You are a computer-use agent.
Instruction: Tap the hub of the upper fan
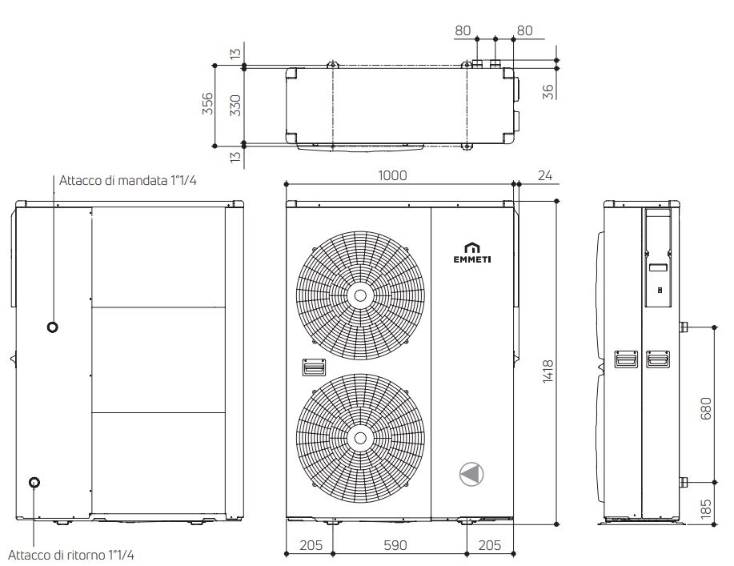(x=360, y=295)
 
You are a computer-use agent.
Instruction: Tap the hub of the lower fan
(x=360, y=436)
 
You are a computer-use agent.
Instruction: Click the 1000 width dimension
(x=393, y=175)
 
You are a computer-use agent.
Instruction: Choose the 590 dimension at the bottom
(x=395, y=545)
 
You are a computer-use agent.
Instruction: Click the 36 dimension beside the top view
(x=548, y=90)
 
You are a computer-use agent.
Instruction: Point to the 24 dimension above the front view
(x=546, y=175)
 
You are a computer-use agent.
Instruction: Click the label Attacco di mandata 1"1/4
(x=128, y=180)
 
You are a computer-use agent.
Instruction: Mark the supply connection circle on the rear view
(x=53, y=327)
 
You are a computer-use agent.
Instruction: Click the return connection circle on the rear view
(x=34, y=482)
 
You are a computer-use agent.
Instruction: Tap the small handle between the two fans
(x=314, y=367)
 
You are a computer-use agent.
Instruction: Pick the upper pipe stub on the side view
(x=684, y=327)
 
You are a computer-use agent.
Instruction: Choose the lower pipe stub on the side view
(x=684, y=482)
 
